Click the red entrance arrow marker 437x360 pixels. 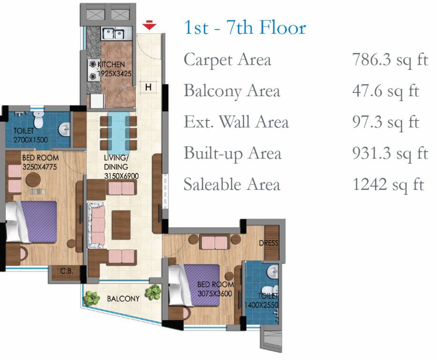tap(149, 25)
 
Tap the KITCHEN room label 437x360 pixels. tap(111, 64)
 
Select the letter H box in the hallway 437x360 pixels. tap(148, 87)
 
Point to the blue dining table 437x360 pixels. tap(119, 133)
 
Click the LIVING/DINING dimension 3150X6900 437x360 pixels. tap(121, 176)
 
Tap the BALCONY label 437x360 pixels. tap(123, 299)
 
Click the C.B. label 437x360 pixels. tap(67, 270)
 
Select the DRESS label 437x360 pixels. tap(269, 243)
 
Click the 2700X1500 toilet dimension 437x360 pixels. tap(30, 139)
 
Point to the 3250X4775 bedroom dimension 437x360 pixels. tap(39, 167)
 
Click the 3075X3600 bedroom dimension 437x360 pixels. tap(215, 293)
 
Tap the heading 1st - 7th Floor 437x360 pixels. tap(245, 27)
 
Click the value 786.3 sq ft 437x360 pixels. tap(390, 60)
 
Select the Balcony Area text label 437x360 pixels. tap(232, 91)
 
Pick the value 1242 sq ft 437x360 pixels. tap(388, 185)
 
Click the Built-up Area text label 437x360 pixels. tap(232, 154)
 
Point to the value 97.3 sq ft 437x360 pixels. tap(386, 122)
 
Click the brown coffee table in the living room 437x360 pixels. tap(121, 225)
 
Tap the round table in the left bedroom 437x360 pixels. tap(33, 180)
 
